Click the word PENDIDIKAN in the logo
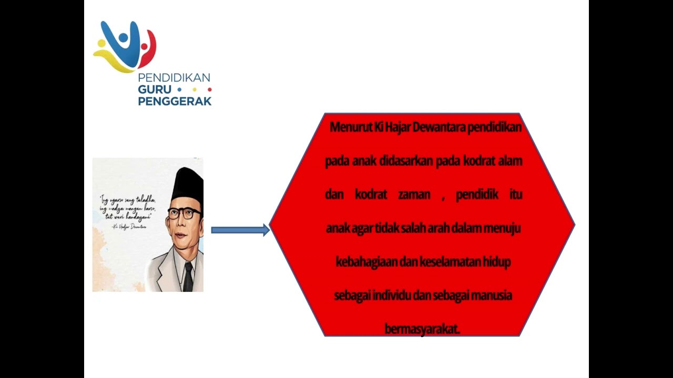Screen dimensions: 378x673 [174, 78]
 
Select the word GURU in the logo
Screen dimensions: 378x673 [155, 89]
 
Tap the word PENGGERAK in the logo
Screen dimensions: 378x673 [175, 101]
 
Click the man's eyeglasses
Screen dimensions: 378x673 [184, 213]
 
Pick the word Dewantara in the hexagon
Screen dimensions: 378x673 [439, 128]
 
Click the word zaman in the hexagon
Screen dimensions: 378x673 [414, 195]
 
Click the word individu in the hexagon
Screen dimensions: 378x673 [391, 295]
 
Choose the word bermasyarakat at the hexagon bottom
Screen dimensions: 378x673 [422, 329]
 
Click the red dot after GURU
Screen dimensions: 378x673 [209, 89]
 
